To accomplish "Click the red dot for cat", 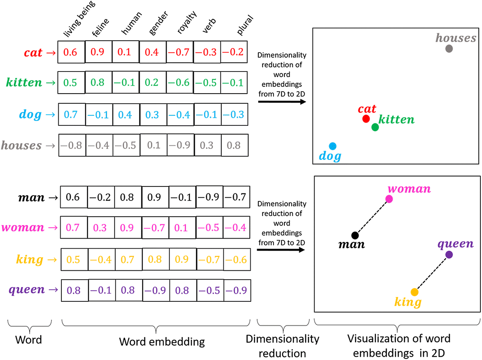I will tap(366, 119).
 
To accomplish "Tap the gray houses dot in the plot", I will tap(449, 49).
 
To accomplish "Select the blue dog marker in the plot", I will tap(332, 146).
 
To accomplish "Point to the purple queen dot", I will tap(449, 254).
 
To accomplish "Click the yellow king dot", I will tap(414, 292).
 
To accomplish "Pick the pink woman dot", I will tap(389, 198).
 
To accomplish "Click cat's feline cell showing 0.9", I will tap(98, 52).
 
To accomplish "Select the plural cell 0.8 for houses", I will tap(234, 145).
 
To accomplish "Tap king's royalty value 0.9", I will tap(182, 259).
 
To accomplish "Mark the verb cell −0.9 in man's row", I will tap(209, 197).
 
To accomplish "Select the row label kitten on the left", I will tap(24, 83).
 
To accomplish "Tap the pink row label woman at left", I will tap(22, 228).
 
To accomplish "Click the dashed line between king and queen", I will tap(432, 273).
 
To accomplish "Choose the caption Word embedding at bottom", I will tap(162, 342).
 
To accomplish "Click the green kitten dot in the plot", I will tap(375, 127).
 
